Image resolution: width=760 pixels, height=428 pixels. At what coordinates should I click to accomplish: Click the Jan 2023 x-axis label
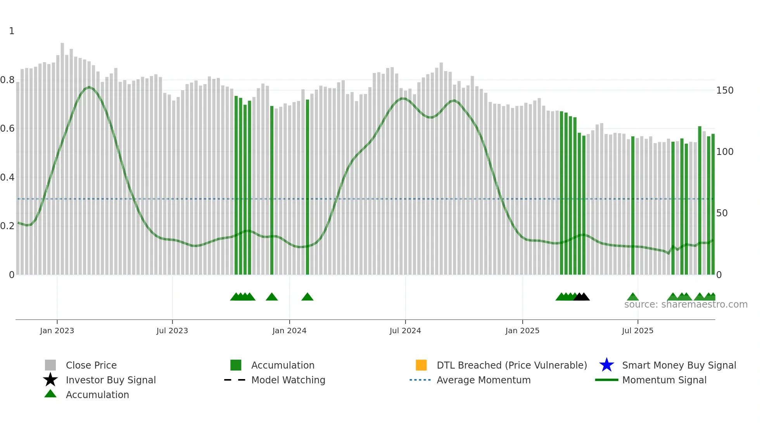[57, 331]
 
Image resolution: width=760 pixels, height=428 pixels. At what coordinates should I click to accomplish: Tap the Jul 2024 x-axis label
[405, 331]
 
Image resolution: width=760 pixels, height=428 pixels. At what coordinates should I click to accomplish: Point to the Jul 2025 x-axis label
[637, 331]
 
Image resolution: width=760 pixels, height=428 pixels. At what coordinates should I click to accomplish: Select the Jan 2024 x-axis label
[289, 331]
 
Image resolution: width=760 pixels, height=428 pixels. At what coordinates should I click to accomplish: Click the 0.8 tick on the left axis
[7, 80]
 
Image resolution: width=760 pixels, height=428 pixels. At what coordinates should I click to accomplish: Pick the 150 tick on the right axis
[725, 90]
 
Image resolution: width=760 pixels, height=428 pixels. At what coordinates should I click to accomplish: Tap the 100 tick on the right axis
[725, 152]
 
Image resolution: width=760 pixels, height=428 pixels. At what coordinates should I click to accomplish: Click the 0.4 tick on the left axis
[7, 177]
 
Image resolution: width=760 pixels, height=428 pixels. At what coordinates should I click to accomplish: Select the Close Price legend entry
[91, 365]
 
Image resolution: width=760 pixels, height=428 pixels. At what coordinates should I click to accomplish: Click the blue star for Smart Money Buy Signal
[606, 365]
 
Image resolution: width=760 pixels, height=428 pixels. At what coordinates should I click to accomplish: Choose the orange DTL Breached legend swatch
[421, 365]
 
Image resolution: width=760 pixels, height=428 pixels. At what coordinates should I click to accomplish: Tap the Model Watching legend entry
[288, 380]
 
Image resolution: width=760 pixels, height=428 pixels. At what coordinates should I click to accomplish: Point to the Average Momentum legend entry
[484, 380]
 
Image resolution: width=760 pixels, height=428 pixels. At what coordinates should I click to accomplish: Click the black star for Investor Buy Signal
[50, 380]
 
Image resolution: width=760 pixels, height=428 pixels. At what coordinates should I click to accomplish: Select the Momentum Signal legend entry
[664, 380]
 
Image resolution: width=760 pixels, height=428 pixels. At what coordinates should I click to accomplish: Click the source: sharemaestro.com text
[686, 304]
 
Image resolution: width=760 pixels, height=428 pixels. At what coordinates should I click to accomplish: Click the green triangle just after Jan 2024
[307, 297]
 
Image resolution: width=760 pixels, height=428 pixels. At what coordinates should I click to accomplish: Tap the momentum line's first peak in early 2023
[89, 87]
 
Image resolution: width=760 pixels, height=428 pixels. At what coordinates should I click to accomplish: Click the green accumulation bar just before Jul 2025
[633, 206]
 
